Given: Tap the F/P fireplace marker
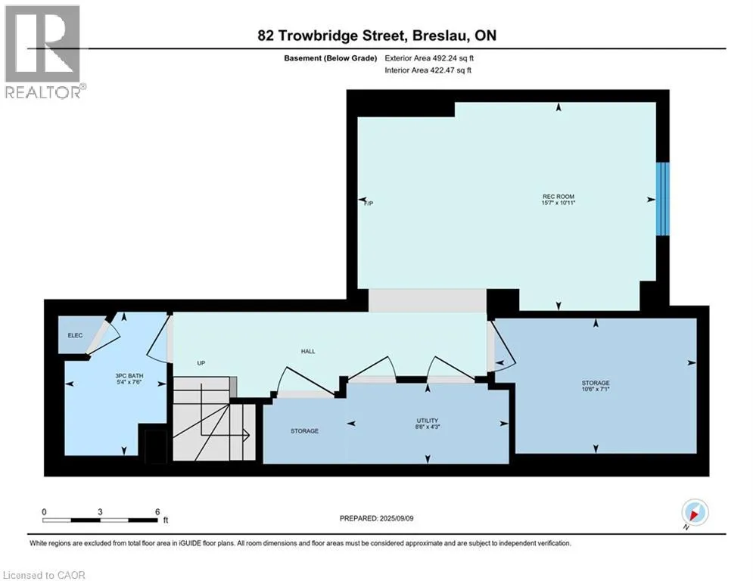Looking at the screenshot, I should pos(369,203).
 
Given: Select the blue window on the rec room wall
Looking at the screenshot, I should pos(663,199).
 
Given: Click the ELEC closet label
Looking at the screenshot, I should pos(74,336).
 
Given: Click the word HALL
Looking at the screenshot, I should pos(308,351).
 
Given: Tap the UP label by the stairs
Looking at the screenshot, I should pos(201,363).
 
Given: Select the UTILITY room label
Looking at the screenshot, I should pos(427,420).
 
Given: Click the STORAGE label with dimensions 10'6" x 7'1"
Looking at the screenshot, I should pos(596,384).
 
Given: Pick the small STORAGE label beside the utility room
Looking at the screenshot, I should pos(304,431).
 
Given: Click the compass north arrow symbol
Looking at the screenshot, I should pos(694,514).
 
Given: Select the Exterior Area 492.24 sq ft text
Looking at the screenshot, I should pos(429,57).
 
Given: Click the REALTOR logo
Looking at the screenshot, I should pos(43,51).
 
